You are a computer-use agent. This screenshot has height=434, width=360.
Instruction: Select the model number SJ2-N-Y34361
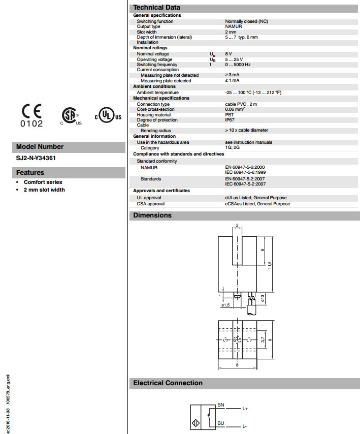point(36,158)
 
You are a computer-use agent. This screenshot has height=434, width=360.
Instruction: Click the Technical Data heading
point(156,7)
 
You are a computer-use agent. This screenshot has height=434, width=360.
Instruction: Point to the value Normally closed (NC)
point(247,21)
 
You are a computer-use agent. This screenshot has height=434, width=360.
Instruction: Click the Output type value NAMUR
point(235,26)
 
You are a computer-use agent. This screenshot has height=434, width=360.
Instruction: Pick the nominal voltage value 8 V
point(229,54)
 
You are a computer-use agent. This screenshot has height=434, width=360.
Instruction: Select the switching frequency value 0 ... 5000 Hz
point(238,65)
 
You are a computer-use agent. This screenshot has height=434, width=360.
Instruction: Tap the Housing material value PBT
point(230,115)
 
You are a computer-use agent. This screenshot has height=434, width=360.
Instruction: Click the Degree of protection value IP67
point(231,120)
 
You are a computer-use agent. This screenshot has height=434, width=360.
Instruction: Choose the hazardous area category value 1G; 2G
point(232,148)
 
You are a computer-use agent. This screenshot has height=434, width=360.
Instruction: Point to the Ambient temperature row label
point(157,92)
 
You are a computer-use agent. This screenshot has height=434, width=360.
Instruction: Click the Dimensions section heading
point(152,215)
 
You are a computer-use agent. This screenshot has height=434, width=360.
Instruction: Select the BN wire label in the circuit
point(220,405)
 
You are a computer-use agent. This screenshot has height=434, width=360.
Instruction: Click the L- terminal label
point(245,426)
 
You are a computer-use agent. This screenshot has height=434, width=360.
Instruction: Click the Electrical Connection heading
point(168,383)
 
